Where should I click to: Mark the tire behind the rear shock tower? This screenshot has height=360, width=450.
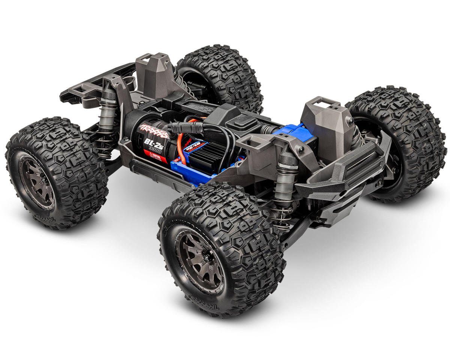[x=221, y=75]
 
